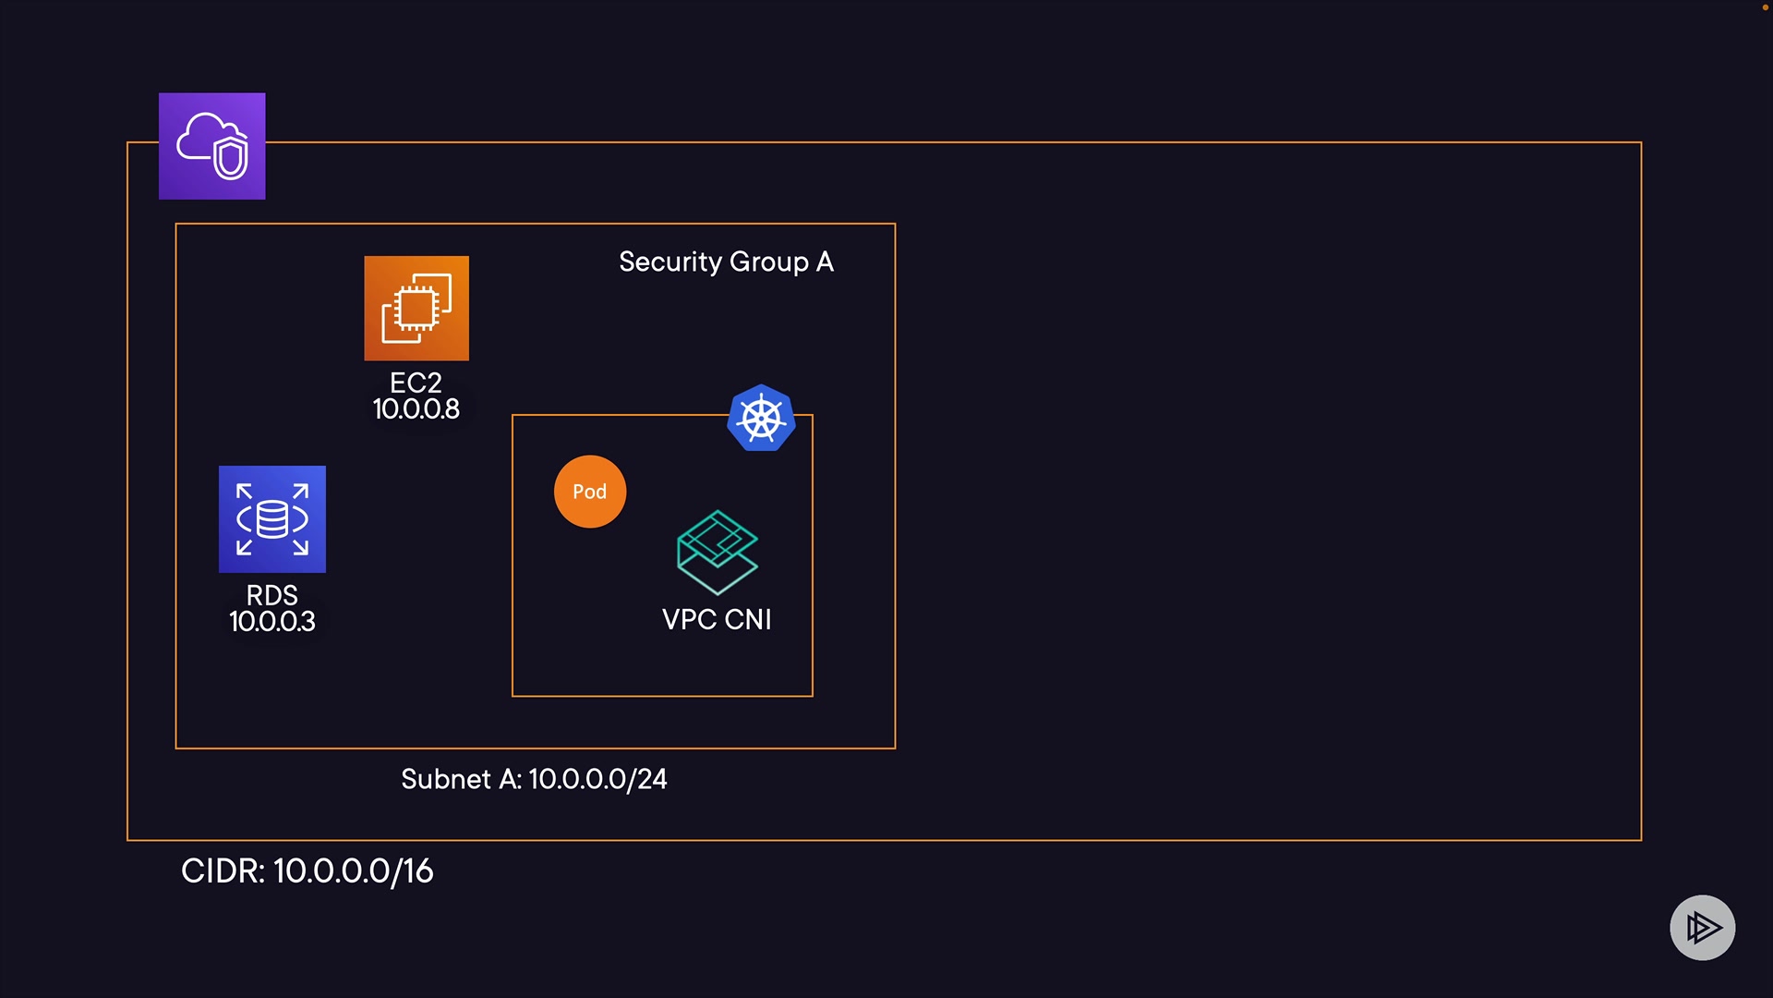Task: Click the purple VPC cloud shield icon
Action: (211, 146)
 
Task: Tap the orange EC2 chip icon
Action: (416, 308)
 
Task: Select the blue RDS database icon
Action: (271, 518)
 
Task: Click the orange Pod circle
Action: (590, 492)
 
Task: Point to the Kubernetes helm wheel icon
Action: (761, 419)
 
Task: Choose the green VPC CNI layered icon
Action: (718, 552)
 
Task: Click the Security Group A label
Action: (726, 262)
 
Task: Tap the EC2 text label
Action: (416, 383)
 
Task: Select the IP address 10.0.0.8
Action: (416, 409)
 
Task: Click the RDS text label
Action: (271, 595)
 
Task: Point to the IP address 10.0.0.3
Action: (271, 622)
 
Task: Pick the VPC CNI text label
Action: (717, 620)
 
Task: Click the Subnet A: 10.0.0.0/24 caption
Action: (534, 780)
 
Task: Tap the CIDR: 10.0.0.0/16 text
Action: (307, 871)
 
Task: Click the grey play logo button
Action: (1702, 928)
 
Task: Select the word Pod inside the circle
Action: (590, 492)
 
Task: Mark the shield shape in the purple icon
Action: (231, 158)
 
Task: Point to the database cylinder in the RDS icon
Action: (271, 519)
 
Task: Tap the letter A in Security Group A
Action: (825, 262)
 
